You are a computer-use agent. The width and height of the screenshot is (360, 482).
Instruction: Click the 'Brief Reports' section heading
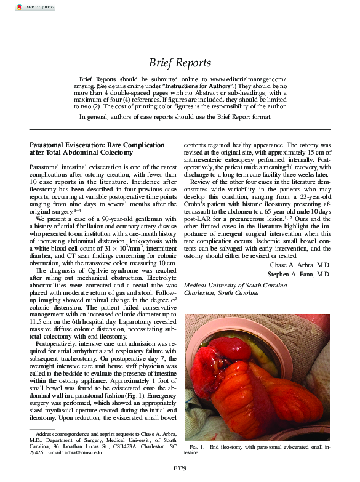[180, 63]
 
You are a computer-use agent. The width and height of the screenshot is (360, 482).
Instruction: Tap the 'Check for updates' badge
[34, 7]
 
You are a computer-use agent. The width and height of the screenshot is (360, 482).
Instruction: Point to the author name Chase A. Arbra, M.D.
[300, 265]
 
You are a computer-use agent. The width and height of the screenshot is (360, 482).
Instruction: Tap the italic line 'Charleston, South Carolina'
[222, 294]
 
